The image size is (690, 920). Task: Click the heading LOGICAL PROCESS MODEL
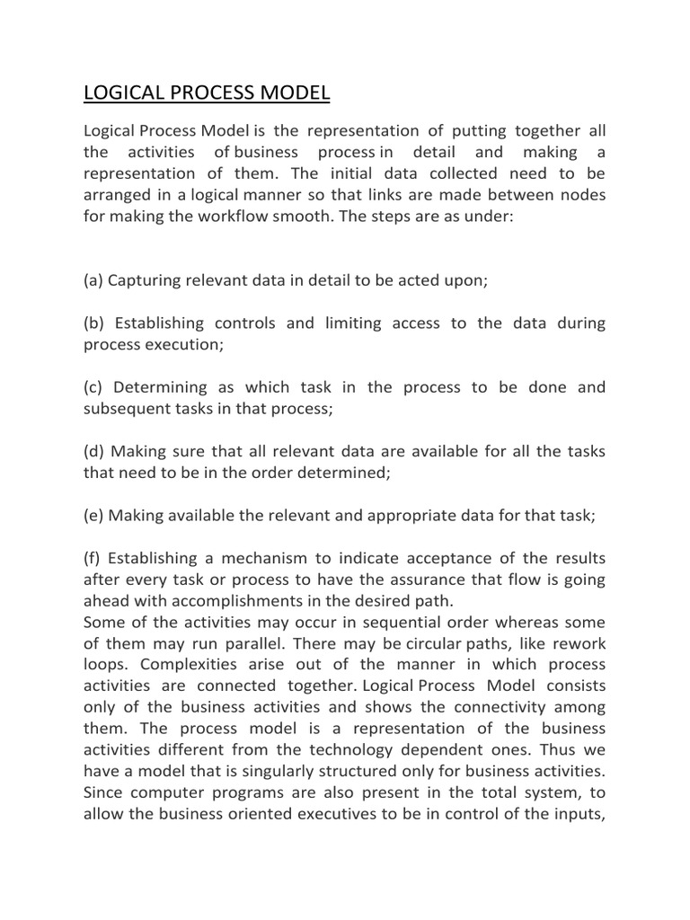[x=207, y=93]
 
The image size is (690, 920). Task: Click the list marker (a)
[x=93, y=280]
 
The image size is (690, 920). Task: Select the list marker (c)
[x=93, y=387]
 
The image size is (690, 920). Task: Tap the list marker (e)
[x=93, y=516]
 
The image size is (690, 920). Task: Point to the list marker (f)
[x=93, y=559]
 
